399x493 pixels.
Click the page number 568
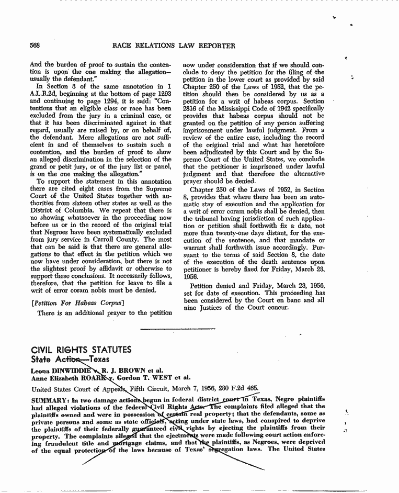pos(35,46)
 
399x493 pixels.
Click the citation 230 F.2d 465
pos(241,389)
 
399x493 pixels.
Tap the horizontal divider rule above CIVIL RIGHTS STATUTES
pos(178,329)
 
